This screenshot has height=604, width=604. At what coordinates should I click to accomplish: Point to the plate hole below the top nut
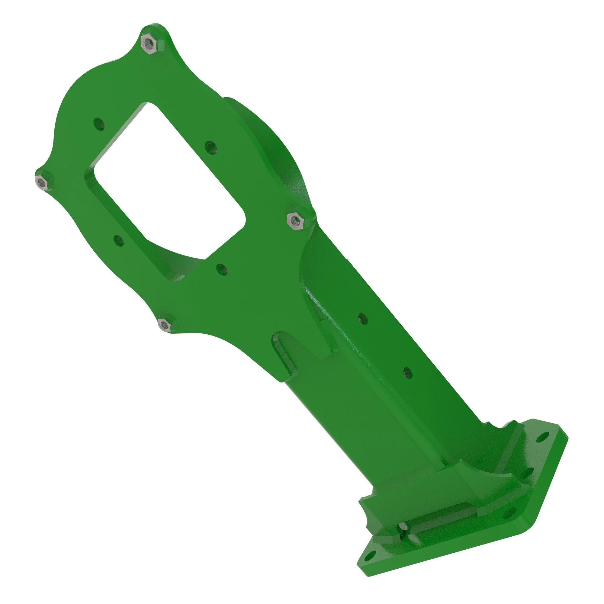tap(99, 124)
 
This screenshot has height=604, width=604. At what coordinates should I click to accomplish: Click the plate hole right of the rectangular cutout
tap(211, 147)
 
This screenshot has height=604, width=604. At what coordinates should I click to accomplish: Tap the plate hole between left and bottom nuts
tap(118, 241)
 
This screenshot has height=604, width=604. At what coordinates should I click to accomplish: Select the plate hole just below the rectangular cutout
tap(222, 269)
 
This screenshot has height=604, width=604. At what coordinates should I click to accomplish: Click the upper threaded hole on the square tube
tap(363, 319)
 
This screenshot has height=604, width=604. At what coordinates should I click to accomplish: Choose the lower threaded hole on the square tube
tap(407, 373)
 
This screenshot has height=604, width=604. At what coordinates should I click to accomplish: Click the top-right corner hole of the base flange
tap(543, 437)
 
